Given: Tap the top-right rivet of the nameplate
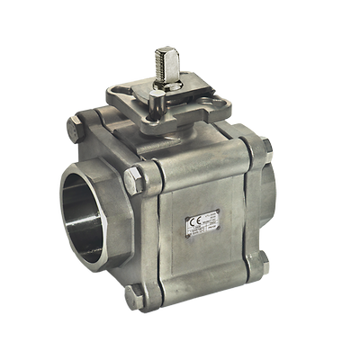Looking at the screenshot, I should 218,212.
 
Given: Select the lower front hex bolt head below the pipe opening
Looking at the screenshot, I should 132,296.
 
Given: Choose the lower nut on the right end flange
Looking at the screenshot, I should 262,257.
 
